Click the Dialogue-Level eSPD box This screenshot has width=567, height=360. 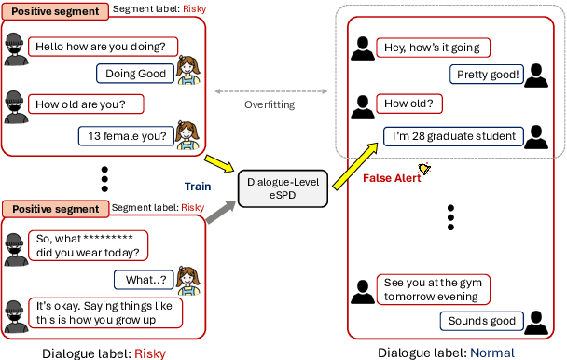point(280,188)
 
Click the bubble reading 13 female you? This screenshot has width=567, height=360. point(127,137)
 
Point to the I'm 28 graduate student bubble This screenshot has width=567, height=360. point(454,136)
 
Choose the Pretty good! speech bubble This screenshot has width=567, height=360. point(487,75)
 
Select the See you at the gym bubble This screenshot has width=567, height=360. point(433,289)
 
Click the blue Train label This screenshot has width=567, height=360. point(198,186)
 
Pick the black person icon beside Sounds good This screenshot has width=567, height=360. point(536,322)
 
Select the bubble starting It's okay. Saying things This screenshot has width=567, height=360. point(103,312)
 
